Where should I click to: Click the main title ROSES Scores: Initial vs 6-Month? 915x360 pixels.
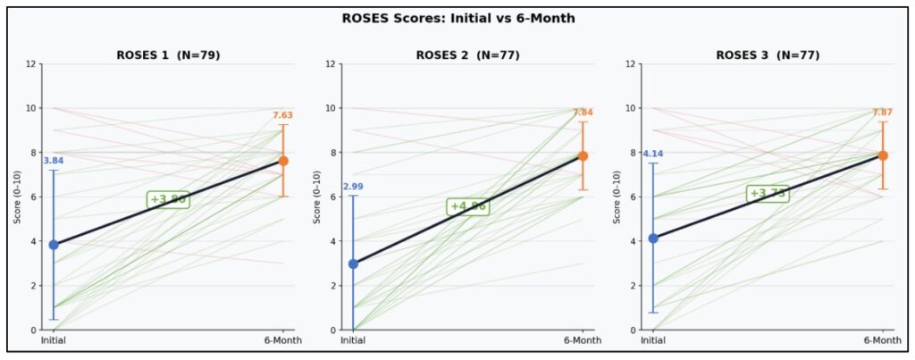pos(457,18)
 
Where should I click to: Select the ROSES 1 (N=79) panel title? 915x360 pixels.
pos(168,55)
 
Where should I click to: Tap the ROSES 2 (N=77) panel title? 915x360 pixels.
pos(467,55)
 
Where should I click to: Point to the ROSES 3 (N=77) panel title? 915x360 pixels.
pos(768,55)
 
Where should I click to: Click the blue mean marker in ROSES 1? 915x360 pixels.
pos(54,244)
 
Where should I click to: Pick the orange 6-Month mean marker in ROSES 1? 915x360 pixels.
pos(283,161)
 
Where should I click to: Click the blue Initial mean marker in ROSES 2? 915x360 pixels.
pos(353,264)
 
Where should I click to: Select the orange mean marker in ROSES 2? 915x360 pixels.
pos(583,155)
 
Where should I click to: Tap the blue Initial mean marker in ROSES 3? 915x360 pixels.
pos(653,238)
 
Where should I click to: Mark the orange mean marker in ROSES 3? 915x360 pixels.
pos(883,155)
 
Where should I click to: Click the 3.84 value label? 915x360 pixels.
pos(54,161)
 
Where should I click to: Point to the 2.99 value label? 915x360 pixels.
pos(353,187)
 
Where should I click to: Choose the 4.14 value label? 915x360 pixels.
pos(653,155)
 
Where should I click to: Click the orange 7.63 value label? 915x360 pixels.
pos(283,115)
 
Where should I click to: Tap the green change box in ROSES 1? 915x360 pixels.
pos(168,199)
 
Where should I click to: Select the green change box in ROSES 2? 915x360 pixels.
pos(468,206)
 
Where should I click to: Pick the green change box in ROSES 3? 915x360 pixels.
pos(768,193)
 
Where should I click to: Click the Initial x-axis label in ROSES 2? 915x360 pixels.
pos(353,340)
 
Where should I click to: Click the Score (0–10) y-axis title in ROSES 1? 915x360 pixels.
pos(17,197)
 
